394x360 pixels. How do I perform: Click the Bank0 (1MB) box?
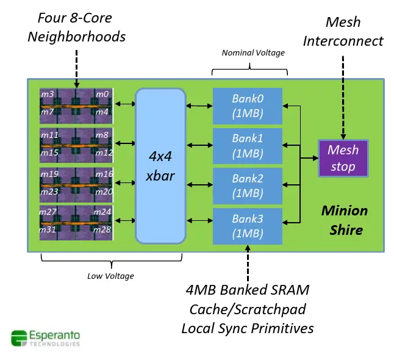(x=247, y=106)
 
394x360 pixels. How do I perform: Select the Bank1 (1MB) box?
(x=247, y=146)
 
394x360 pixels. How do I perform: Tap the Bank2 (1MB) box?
(x=247, y=185)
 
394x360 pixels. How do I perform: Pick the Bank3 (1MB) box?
(x=247, y=226)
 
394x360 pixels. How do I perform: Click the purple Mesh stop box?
(x=343, y=158)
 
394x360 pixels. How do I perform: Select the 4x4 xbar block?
(x=160, y=165)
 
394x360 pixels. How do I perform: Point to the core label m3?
(x=47, y=94)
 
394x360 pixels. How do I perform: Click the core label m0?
(x=102, y=94)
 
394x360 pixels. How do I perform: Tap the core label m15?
(x=49, y=152)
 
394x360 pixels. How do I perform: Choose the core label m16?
(x=102, y=174)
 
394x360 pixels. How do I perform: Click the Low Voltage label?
(x=110, y=276)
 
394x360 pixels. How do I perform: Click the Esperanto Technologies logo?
(x=45, y=338)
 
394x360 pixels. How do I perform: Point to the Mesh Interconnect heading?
(x=343, y=32)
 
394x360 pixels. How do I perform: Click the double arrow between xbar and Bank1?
(x=199, y=145)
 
